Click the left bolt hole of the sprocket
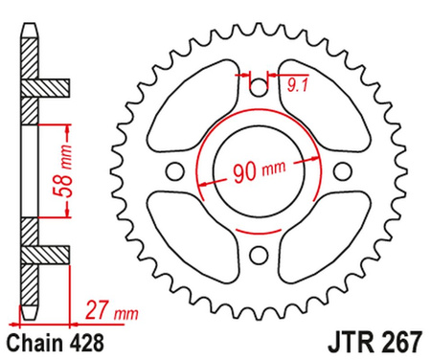click(x=174, y=171)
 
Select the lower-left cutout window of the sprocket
click(x=195, y=231)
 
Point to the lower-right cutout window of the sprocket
click(x=316, y=231)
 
